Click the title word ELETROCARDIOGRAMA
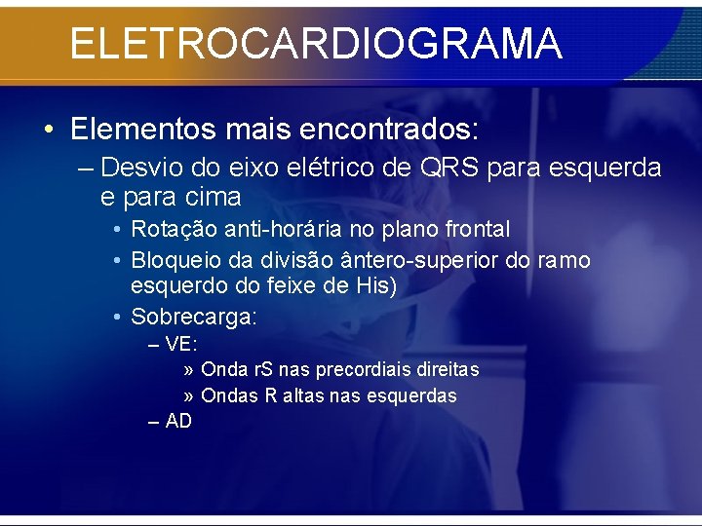316,44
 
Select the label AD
178,422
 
